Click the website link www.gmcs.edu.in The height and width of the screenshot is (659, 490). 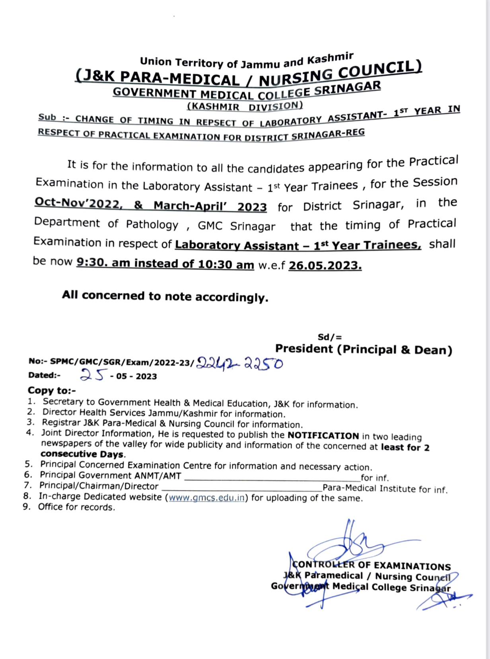(206, 497)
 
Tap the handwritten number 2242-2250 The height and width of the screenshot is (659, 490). (240, 363)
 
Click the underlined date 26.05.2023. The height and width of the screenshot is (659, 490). (325, 265)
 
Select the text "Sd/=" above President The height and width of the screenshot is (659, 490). (330, 337)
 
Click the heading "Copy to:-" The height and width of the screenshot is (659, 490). (52, 390)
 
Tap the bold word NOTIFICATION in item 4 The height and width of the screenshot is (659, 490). (323, 436)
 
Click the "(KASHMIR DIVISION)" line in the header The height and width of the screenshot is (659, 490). (245, 106)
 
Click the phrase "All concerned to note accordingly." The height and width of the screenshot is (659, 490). (165, 296)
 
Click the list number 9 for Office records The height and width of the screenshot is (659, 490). (26, 507)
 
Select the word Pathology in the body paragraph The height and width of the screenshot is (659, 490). (152, 225)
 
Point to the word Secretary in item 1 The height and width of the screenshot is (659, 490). (63, 402)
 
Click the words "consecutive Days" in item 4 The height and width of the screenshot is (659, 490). (82, 454)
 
